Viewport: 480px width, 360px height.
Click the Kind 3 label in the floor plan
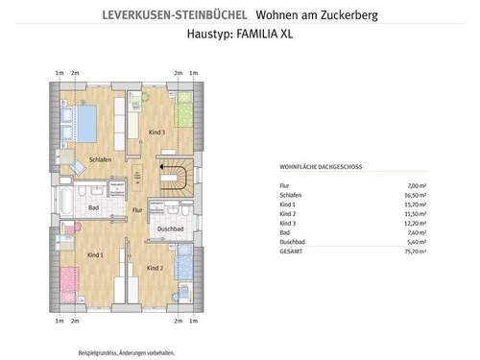point(157,132)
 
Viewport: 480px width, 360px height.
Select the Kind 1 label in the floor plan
point(95,255)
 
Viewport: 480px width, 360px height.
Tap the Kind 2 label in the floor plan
point(156,267)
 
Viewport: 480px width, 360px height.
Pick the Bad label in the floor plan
point(94,207)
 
